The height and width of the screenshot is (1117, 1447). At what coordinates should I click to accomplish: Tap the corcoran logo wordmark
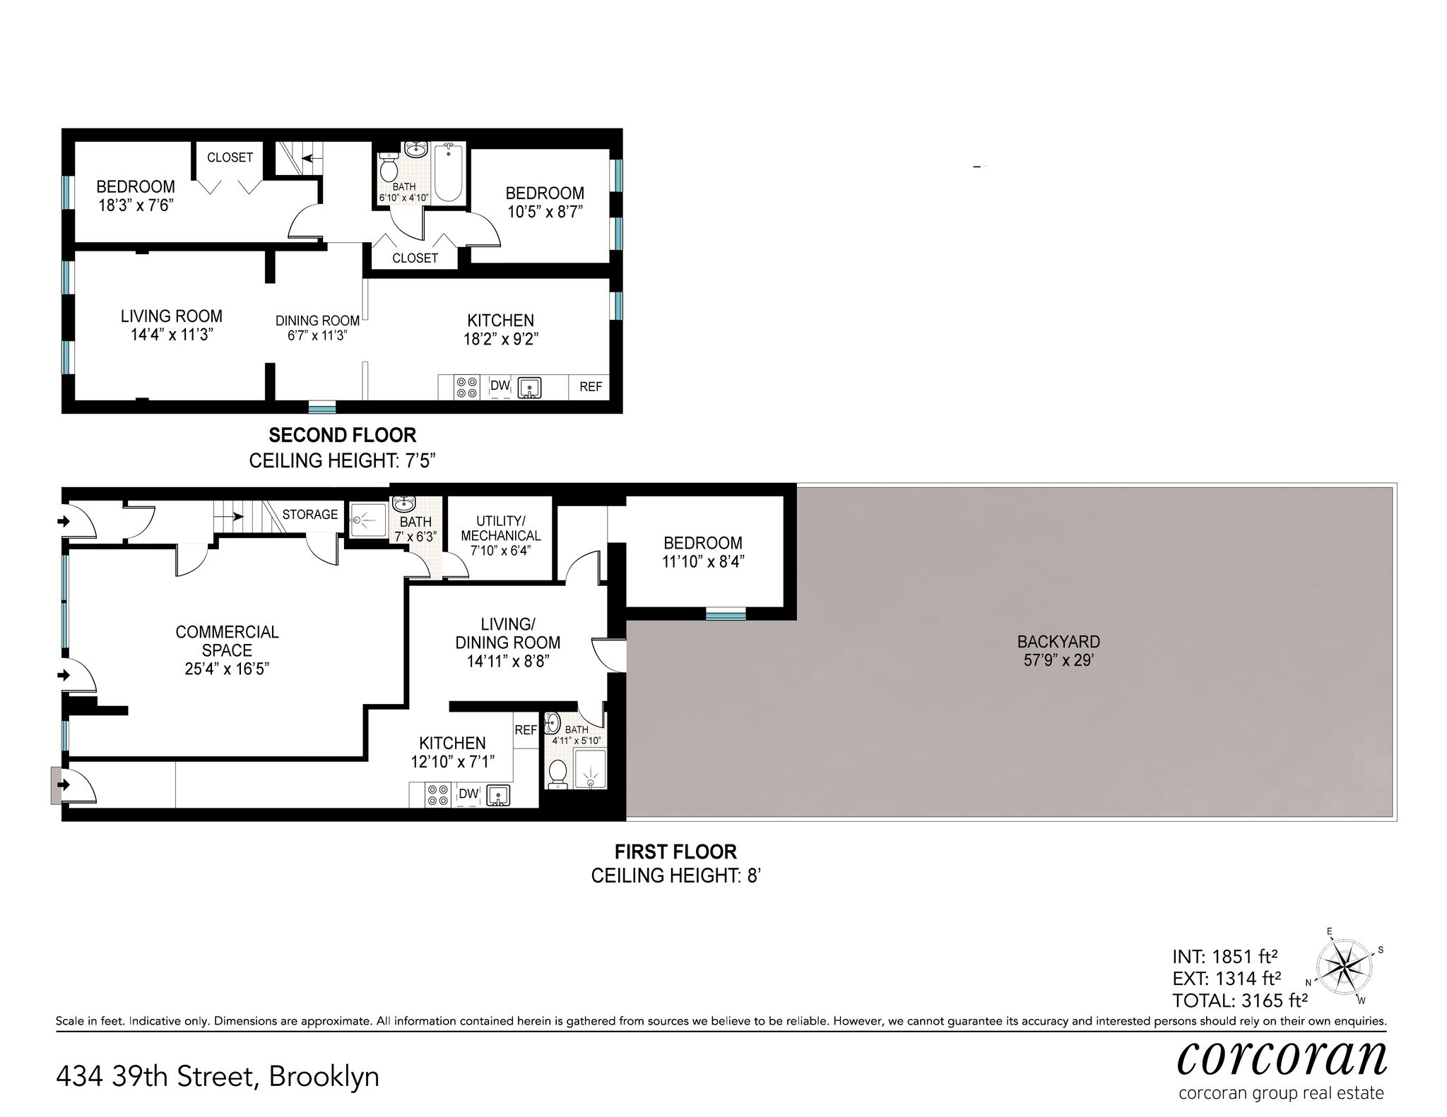click(1281, 1057)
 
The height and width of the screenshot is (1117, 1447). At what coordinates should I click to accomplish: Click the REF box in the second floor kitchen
click(591, 387)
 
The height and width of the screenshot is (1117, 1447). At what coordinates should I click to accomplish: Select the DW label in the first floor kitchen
click(468, 794)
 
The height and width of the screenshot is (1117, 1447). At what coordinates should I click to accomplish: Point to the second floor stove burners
click(466, 388)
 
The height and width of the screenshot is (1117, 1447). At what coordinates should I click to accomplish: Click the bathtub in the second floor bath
click(448, 173)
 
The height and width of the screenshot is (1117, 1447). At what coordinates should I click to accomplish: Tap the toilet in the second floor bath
click(388, 169)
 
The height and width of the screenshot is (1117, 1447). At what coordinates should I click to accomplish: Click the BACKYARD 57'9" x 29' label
click(1058, 651)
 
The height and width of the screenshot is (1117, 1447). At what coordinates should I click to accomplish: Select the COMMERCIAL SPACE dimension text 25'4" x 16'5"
click(227, 669)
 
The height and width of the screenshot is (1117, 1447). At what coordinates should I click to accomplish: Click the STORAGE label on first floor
click(309, 515)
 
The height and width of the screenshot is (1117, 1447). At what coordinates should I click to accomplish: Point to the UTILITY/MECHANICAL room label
click(500, 536)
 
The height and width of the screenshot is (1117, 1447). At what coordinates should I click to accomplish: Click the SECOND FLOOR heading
click(343, 435)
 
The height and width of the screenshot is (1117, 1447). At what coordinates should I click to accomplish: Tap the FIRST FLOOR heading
click(675, 852)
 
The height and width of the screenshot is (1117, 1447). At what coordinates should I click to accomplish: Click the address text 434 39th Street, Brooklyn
click(218, 1077)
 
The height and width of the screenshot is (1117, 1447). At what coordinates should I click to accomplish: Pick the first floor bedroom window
click(726, 615)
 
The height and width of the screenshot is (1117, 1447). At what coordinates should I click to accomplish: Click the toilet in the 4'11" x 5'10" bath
click(557, 774)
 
